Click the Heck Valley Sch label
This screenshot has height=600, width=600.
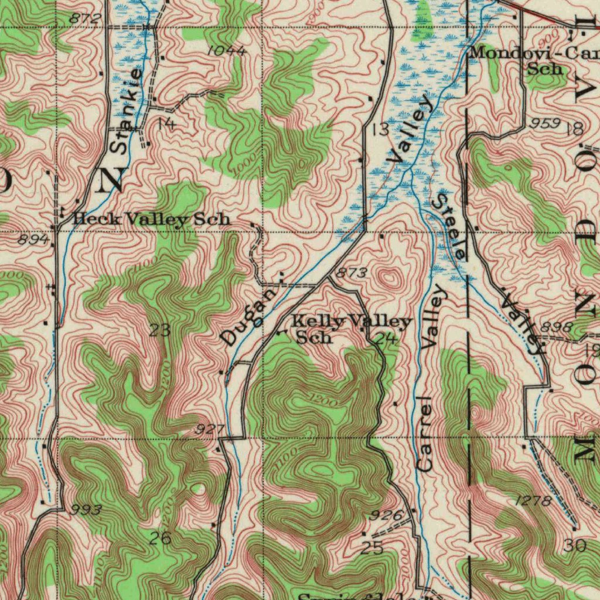pos(151,220)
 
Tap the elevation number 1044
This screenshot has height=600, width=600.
pos(227,52)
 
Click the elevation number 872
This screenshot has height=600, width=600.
pos(86,19)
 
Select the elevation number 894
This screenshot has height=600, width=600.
pos(33,239)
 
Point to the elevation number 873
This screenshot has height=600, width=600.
pos(352,273)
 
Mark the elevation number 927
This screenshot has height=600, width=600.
pos(209,431)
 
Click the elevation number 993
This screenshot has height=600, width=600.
pos(86,510)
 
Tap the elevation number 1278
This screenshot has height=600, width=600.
pos(533,501)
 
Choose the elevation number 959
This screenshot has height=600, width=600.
pos(544,124)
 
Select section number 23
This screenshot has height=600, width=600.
pos(159,330)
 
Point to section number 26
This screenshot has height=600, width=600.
pos(159,538)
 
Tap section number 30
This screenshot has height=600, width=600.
pos(575,546)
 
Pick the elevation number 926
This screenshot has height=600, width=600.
pos(387,516)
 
